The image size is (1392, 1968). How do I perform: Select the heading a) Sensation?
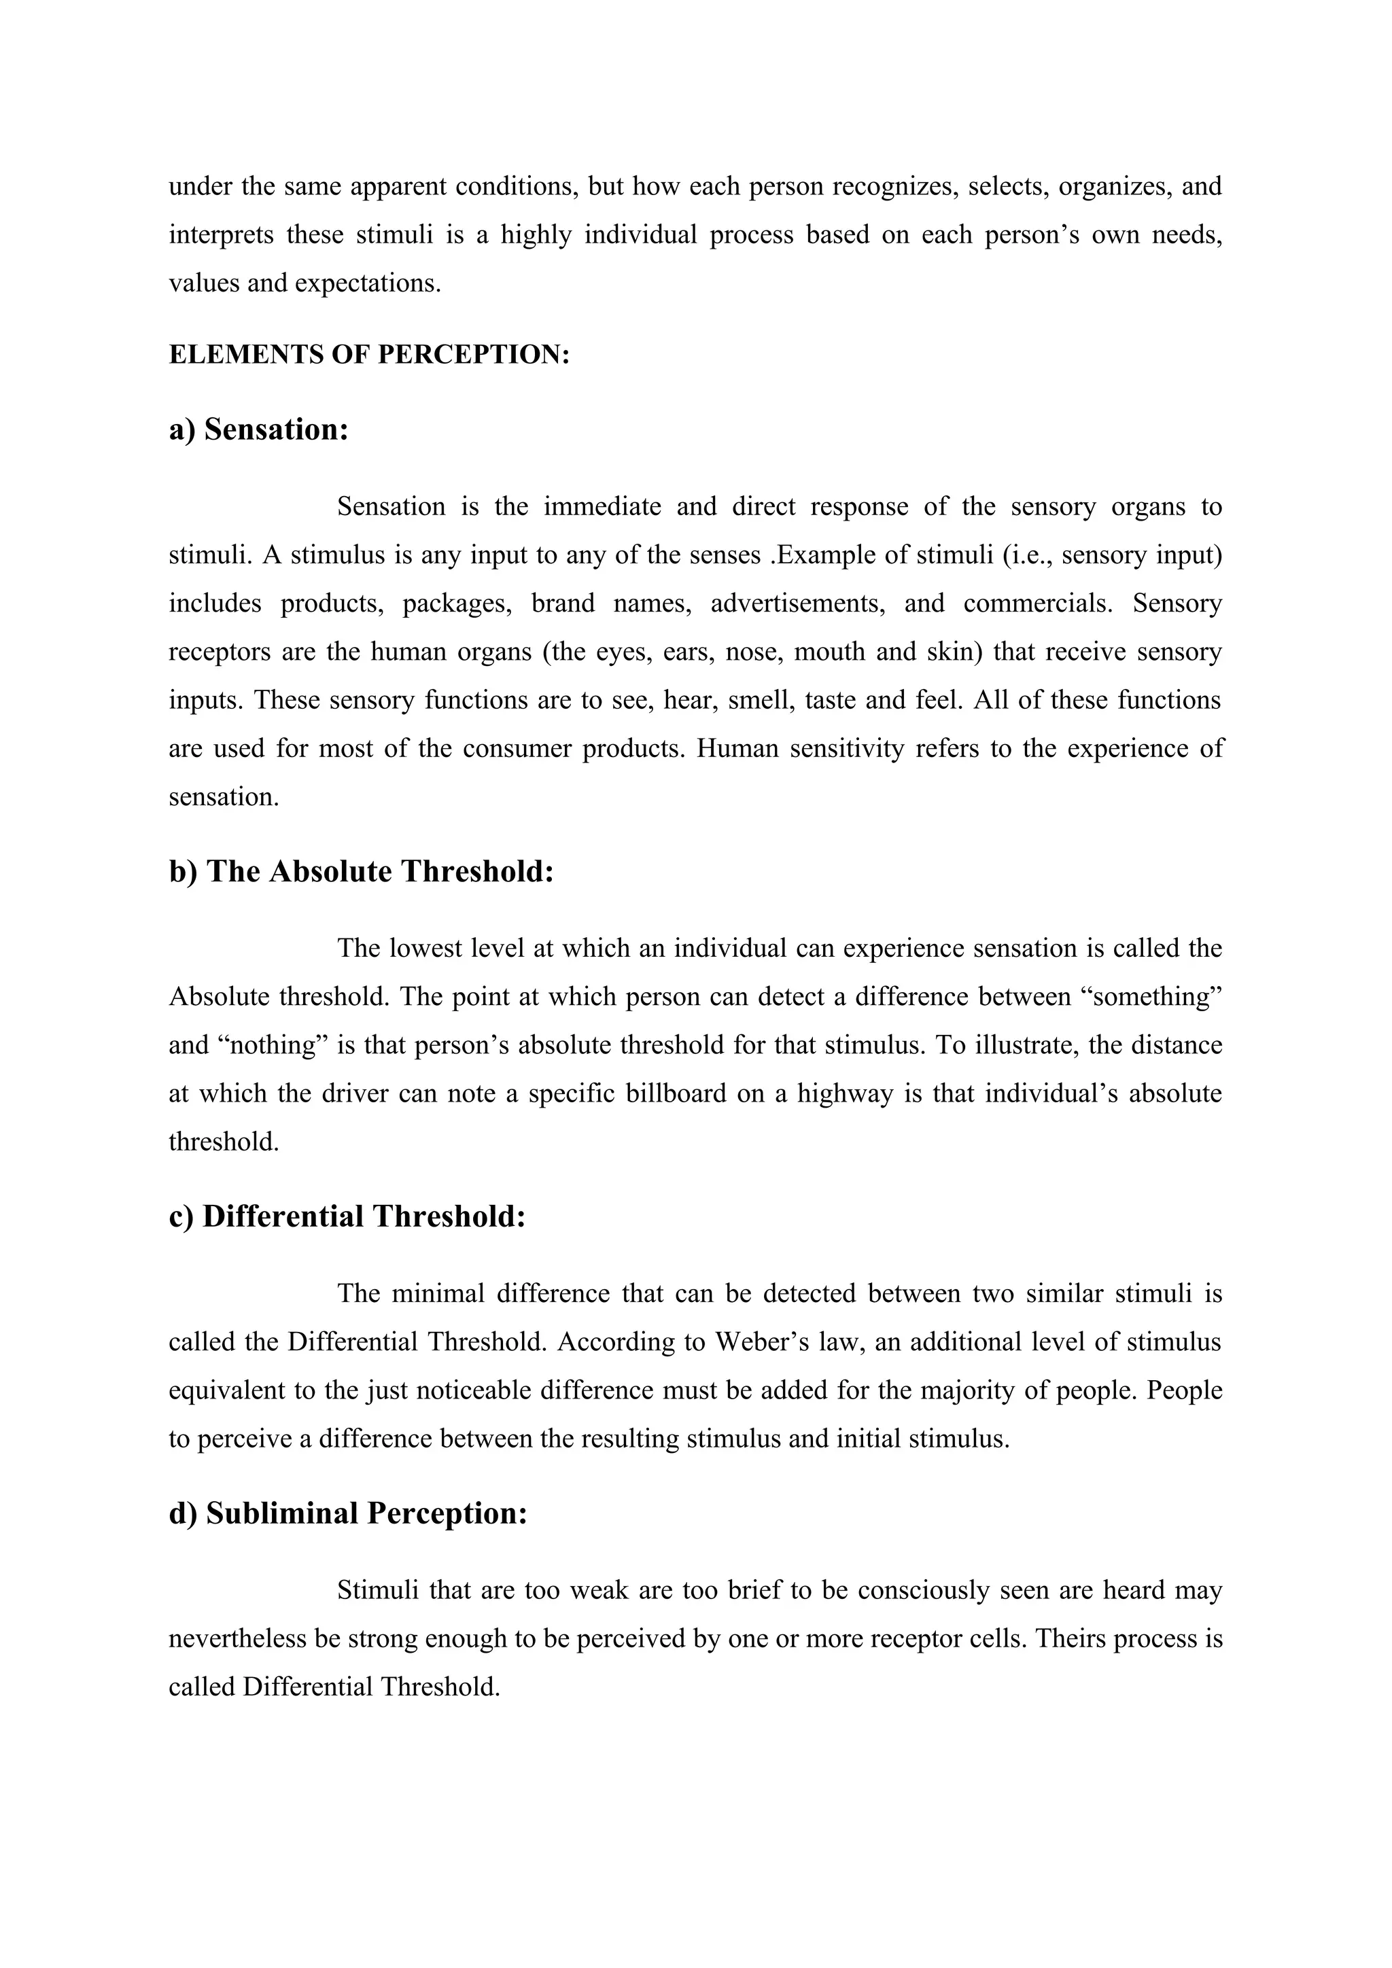259,429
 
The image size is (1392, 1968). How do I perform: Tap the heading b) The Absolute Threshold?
361,871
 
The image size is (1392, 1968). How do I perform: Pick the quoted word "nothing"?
275,1046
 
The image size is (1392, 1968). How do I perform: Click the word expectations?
368,283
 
